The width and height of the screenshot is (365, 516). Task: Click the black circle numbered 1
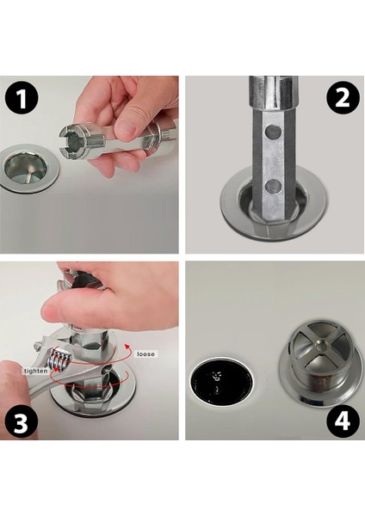(22, 98)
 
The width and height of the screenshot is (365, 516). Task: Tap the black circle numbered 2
(343, 98)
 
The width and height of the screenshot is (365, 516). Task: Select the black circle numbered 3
(22, 422)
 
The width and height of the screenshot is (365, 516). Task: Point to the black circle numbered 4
(343, 421)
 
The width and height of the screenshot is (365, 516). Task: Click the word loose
(145, 354)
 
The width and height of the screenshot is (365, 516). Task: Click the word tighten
(35, 371)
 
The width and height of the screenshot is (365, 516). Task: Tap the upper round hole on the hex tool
(273, 132)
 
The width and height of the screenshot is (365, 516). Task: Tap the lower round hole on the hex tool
(273, 187)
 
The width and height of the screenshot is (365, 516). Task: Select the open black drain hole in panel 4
(222, 380)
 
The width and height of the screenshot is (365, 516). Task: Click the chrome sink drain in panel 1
(28, 169)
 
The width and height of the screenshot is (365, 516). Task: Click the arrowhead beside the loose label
(127, 347)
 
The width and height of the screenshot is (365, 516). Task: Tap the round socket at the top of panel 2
(273, 93)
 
